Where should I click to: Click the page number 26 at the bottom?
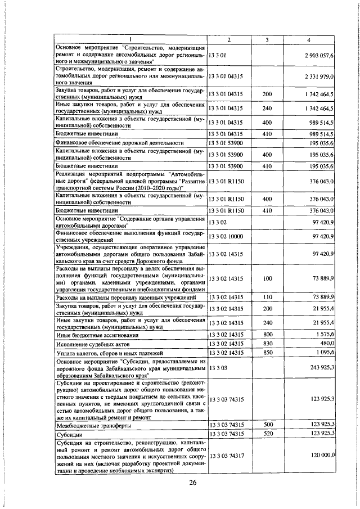click(193, 483)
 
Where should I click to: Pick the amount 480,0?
click(327, 343)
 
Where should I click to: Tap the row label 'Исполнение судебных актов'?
click(93, 344)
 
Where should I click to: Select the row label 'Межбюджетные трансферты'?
click(94, 425)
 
